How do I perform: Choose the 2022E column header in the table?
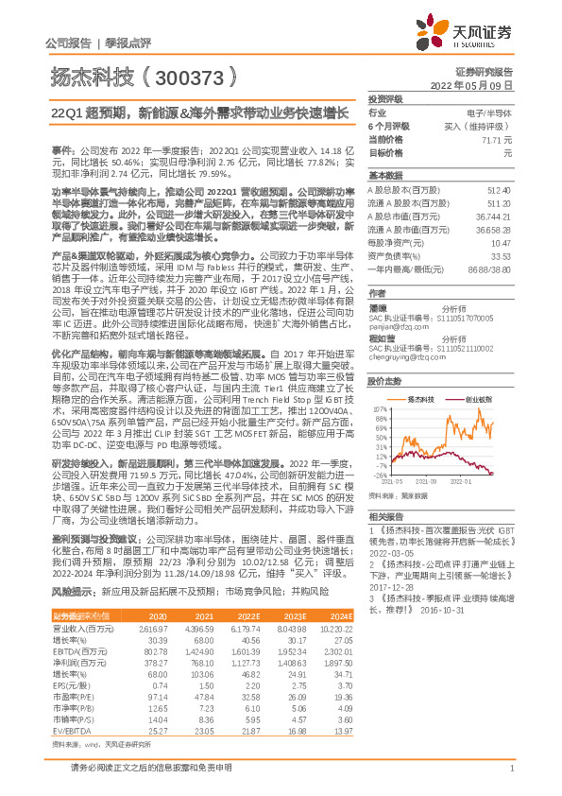(x=246, y=642)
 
